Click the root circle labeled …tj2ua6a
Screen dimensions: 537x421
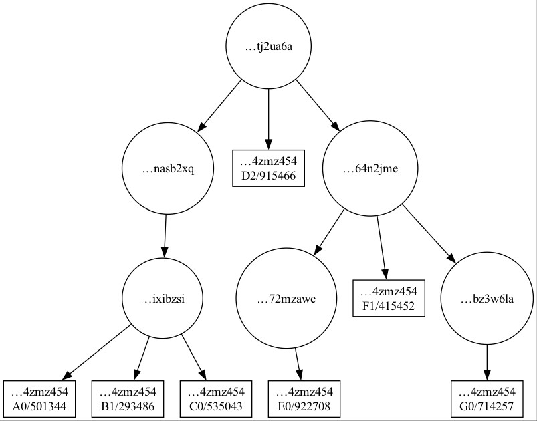(x=269, y=46)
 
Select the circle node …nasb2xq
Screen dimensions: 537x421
(x=168, y=169)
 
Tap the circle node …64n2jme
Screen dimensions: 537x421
(x=370, y=168)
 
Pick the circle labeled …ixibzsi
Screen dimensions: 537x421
(x=163, y=299)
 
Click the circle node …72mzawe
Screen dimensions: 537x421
(x=286, y=299)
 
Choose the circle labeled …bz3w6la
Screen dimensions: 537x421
(x=487, y=299)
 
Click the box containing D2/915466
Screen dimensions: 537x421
(x=269, y=168)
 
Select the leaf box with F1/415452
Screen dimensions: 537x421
(x=389, y=298)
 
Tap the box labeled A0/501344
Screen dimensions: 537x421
(x=39, y=399)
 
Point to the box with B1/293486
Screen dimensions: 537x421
(x=128, y=399)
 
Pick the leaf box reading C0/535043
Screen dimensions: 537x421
(x=216, y=399)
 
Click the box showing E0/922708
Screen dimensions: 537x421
(x=304, y=399)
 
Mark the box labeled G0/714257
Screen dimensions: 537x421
(x=487, y=399)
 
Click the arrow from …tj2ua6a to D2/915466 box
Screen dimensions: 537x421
(x=269, y=119)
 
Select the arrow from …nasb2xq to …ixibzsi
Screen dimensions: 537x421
(x=165, y=236)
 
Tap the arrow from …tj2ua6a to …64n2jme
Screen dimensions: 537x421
(x=318, y=106)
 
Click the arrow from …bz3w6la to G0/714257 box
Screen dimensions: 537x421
(x=487, y=362)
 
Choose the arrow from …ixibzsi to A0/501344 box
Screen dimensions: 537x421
(x=96, y=352)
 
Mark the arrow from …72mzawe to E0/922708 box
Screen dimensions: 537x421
(x=298, y=364)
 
